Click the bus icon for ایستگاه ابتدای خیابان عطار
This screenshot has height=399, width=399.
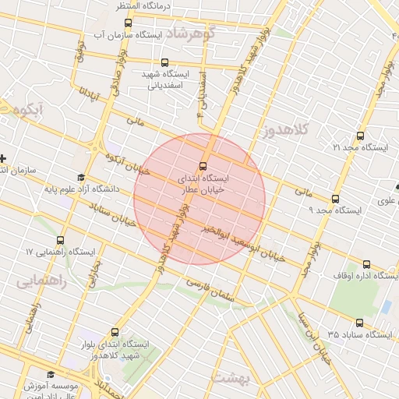203,165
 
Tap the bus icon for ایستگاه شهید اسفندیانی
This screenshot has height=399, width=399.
164,62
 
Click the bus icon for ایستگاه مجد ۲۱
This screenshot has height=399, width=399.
359,135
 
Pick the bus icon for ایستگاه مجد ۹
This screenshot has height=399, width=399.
335,199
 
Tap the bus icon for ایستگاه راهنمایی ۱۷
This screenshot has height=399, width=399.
61,240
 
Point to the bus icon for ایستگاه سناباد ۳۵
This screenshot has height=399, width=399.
358,323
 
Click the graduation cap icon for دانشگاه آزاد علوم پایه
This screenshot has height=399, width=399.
81,177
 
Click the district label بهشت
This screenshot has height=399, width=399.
231,377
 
